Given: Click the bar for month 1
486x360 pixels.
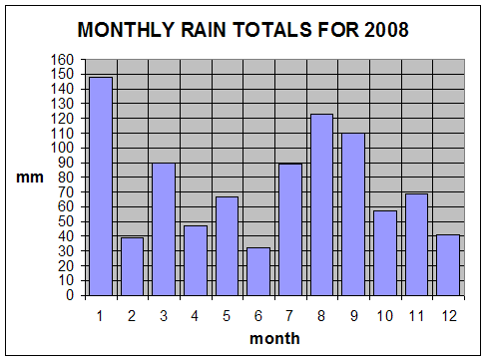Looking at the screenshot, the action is click(x=101, y=186).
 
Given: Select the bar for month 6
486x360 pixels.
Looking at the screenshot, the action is click(x=258, y=271).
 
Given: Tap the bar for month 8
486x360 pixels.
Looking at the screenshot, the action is click(x=321, y=204).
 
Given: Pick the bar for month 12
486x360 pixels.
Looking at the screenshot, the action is click(x=448, y=265).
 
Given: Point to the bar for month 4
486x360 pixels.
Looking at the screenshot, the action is click(x=196, y=260).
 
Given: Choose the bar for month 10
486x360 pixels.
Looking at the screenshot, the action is click(x=385, y=253).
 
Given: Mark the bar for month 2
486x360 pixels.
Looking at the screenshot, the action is click(x=132, y=266).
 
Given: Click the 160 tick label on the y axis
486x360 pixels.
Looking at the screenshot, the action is click(x=62, y=60).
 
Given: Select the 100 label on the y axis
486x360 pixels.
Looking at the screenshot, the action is click(x=62, y=148).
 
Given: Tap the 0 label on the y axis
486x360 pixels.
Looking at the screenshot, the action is click(x=70, y=295).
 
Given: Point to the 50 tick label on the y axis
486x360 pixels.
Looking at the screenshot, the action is click(x=66, y=221).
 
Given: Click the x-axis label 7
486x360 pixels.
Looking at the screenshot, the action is click(x=289, y=316).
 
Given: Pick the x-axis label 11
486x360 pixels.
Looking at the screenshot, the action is click(x=416, y=316).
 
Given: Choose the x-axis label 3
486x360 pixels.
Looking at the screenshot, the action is click(x=164, y=316).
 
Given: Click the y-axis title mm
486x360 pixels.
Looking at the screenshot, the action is click(x=30, y=178).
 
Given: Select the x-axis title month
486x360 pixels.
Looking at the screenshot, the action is click(x=274, y=339).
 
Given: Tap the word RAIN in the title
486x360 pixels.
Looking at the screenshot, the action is click(x=204, y=30).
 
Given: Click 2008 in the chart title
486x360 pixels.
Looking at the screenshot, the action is click(x=386, y=30).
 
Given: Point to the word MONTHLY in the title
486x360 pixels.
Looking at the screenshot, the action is click(x=126, y=30).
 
